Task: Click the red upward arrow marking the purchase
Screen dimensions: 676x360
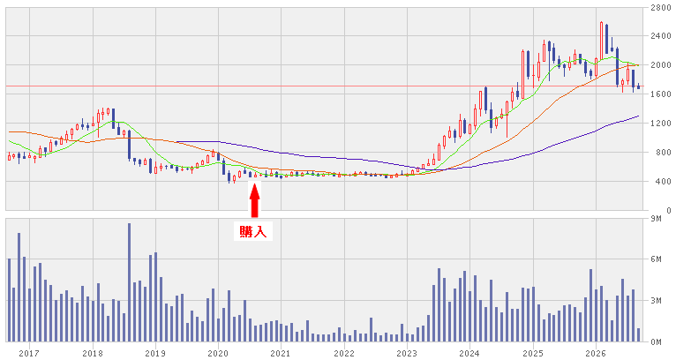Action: (255, 200)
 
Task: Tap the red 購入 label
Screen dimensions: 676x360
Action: (253, 232)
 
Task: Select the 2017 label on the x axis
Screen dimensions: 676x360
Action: (30, 354)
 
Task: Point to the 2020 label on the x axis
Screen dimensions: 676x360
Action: (218, 354)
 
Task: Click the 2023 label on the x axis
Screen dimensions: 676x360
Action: (407, 354)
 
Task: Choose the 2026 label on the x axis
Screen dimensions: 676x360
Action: (596, 354)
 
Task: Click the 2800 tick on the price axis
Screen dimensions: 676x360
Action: (660, 7)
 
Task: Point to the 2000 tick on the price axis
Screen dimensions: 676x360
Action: (660, 65)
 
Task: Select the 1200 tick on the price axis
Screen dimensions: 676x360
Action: (660, 124)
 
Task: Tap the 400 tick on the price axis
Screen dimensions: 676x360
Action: (663, 182)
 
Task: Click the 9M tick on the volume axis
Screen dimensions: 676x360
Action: (656, 219)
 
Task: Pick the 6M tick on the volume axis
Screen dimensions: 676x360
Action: (656, 259)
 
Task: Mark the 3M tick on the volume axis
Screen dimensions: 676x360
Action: (656, 301)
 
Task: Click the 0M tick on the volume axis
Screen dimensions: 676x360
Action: (656, 341)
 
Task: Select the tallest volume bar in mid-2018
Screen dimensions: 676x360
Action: (129, 282)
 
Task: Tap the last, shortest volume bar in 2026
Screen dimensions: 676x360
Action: (638, 335)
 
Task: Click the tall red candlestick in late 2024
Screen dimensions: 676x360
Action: (523, 75)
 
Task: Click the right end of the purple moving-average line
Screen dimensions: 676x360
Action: (638, 116)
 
